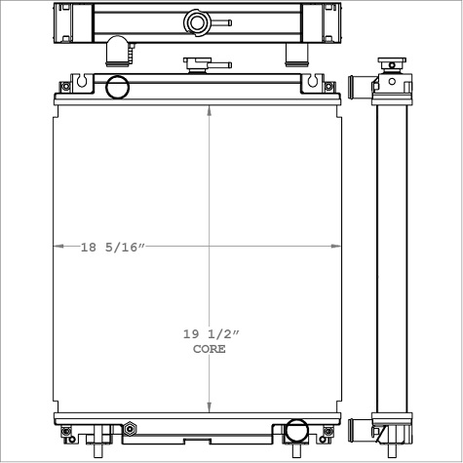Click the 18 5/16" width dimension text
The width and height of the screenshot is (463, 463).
112,248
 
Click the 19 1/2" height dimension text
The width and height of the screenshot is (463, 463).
209,334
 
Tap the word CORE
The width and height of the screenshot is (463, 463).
209,349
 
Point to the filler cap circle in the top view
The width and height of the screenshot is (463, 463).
197,21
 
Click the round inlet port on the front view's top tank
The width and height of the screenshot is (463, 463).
117,87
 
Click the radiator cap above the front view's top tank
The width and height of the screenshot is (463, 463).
198,66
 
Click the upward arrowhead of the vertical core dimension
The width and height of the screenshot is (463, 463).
209,109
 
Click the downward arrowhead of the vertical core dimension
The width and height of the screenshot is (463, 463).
209,408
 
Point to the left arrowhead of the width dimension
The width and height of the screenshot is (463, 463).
57,247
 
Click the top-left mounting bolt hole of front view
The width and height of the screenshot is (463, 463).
65,86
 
